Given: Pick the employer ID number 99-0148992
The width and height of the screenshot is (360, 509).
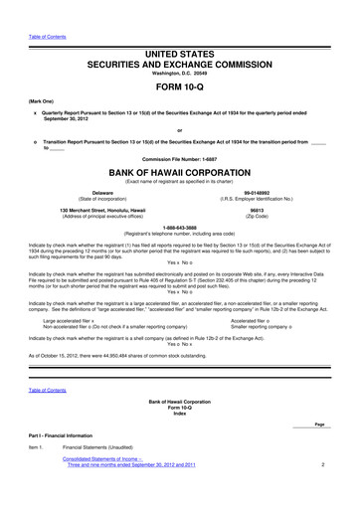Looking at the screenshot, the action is click(257, 192).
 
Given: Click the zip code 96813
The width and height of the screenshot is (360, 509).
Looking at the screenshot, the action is click(257, 210).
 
